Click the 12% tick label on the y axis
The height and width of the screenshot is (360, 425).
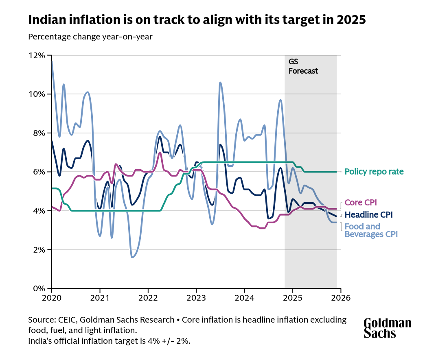coord(37,55)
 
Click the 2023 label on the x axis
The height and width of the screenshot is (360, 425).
coord(196,297)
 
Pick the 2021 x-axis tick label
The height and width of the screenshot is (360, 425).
coord(100,297)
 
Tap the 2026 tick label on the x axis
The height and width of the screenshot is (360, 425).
coord(341,297)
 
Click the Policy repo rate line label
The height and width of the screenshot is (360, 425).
coord(374,172)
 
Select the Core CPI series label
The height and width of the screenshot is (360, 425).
coord(361,203)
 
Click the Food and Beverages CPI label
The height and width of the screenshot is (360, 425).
coord(370,230)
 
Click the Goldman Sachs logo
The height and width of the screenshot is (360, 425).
coord(387,328)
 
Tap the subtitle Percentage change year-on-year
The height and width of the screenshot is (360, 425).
coord(90,37)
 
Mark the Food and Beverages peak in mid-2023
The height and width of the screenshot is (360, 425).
coord(220,82)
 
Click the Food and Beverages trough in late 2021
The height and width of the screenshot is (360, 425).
coord(132,257)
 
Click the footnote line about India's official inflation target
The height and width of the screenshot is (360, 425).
coord(109,341)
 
